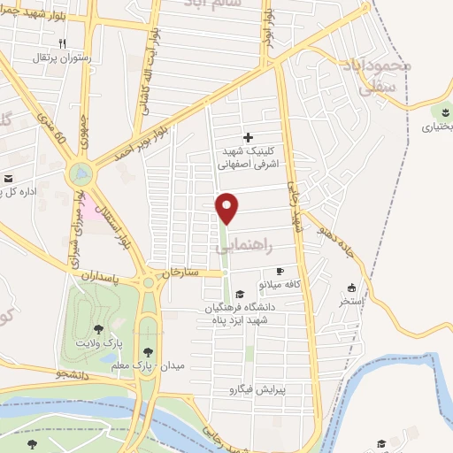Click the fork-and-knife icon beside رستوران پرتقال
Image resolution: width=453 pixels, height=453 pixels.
pos(61,42)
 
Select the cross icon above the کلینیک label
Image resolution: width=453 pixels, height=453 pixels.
pos(248,137)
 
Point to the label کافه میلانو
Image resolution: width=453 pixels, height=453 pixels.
pos(280,286)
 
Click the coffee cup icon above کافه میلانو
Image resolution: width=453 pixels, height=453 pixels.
pos(280,272)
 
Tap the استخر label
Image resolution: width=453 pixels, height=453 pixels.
pos(351,302)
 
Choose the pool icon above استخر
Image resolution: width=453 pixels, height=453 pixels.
pos(351,288)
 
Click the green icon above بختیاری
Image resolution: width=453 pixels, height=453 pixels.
pos(441,112)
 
